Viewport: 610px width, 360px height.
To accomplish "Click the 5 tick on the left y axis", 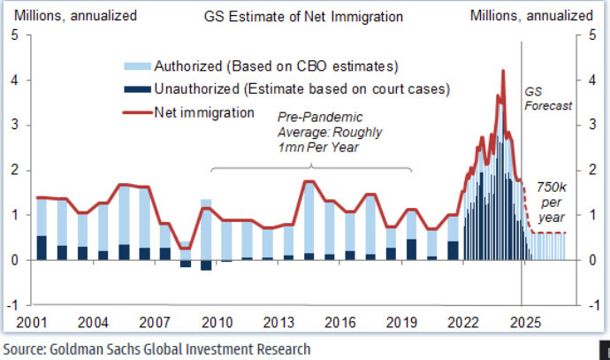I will (x=14, y=35).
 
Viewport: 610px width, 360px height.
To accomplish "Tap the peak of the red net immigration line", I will (x=503, y=71).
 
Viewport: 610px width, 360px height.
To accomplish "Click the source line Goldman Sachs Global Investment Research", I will (x=156, y=349).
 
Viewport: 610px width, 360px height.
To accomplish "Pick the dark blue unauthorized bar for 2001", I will (x=42, y=248).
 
